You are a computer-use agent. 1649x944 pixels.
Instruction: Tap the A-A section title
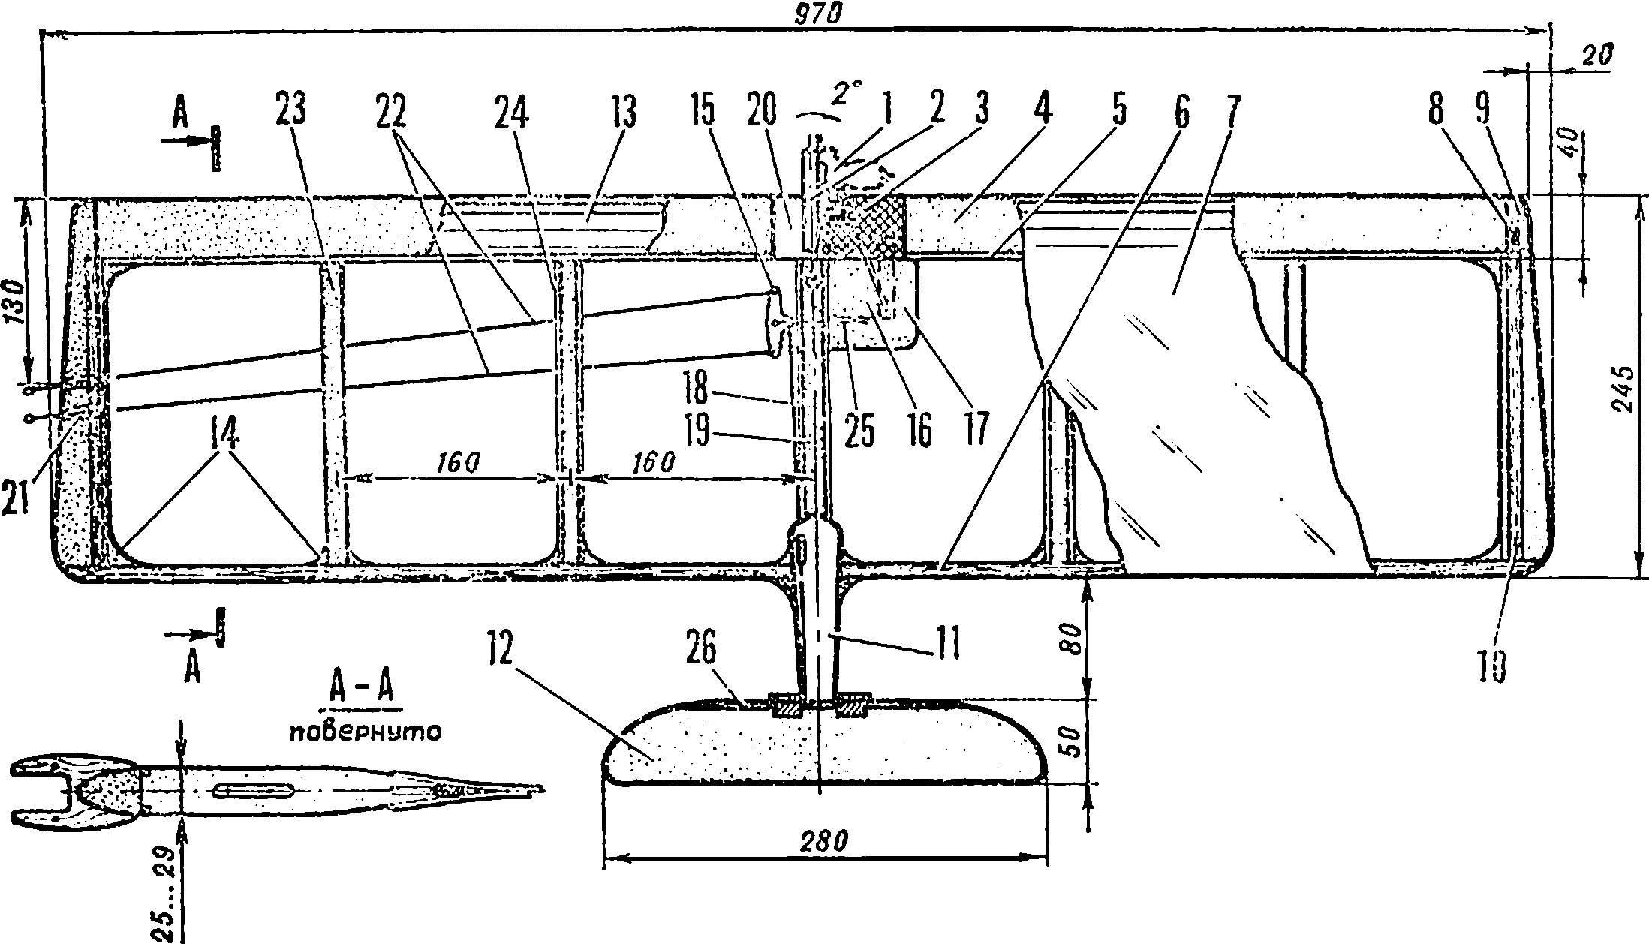coord(361,689)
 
